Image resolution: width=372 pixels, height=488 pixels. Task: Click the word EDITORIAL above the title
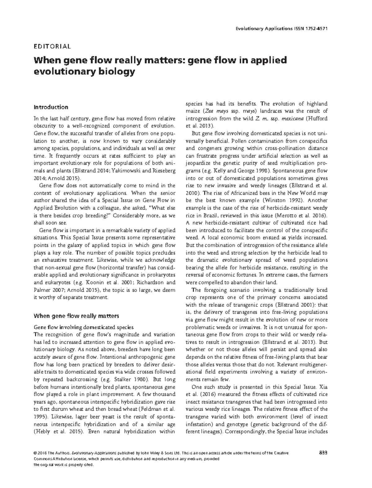[52, 47]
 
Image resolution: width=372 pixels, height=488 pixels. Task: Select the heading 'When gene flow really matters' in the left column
[76, 316]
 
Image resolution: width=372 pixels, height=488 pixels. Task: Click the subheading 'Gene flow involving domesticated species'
[83, 327]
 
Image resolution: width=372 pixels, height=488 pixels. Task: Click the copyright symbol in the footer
[35, 453]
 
